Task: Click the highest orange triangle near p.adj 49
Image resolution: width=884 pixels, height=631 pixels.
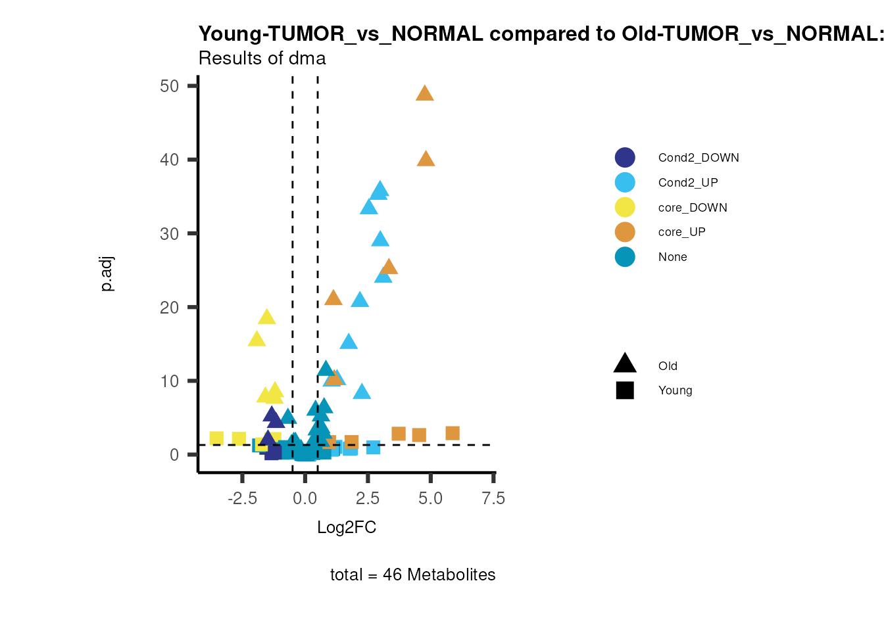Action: click(x=425, y=93)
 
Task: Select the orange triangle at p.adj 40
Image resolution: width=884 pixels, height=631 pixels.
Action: click(x=426, y=159)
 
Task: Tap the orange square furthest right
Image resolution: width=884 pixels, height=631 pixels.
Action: click(x=452, y=433)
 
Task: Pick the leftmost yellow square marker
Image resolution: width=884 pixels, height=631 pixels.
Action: click(x=216, y=438)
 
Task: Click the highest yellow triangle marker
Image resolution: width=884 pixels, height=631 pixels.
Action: click(x=266, y=317)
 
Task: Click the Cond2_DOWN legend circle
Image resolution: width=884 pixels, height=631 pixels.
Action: click(x=625, y=158)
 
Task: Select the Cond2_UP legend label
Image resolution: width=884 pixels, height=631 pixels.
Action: click(x=688, y=183)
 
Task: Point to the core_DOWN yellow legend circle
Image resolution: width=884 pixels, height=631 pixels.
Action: click(x=625, y=208)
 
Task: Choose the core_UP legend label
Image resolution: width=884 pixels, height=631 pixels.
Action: click(x=681, y=232)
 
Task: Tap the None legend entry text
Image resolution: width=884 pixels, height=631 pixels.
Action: click(x=672, y=257)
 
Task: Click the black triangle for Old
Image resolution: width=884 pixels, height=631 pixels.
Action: click(x=625, y=363)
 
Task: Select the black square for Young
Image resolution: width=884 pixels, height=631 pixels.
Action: click(x=625, y=390)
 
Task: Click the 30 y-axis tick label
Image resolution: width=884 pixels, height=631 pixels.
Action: click(x=170, y=234)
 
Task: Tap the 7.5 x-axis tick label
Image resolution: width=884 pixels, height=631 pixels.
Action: click(x=493, y=499)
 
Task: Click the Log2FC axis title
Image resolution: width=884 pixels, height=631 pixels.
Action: click(x=347, y=528)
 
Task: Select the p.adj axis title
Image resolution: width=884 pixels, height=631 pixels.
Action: click(x=107, y=275)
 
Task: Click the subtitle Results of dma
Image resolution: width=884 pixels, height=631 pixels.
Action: click(x=262, y=58)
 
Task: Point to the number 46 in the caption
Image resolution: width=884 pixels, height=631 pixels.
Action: click(x=392, y=575)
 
